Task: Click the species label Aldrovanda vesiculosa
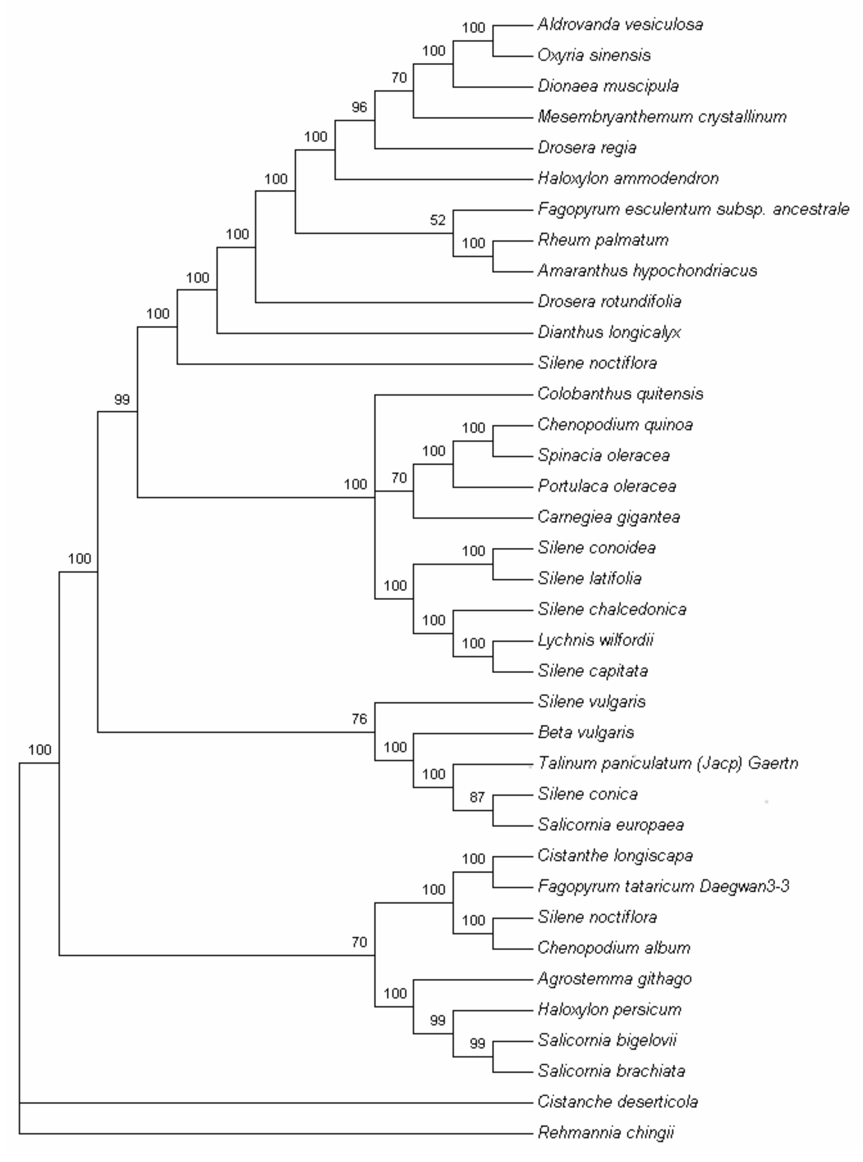(620, 24)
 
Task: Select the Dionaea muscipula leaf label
(608, 86)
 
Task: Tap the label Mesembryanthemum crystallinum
(662, 117)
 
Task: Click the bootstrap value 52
(438, 220)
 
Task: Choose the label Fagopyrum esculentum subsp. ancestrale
(693, 209)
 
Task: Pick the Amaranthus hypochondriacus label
(647, 271)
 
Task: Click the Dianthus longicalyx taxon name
(609, 332)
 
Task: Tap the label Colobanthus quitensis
(620, 394)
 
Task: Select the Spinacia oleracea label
(603, 456)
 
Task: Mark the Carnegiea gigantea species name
(608, 517)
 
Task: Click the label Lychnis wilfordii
(596, 640)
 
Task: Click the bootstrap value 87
(477, 797)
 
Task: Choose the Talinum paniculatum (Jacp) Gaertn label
(668, 764)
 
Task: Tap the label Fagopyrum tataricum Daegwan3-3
(663, 887)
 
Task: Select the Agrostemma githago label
(614, 979)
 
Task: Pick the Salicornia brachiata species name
(611, 1072)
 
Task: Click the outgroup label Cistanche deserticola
(617, 1102)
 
